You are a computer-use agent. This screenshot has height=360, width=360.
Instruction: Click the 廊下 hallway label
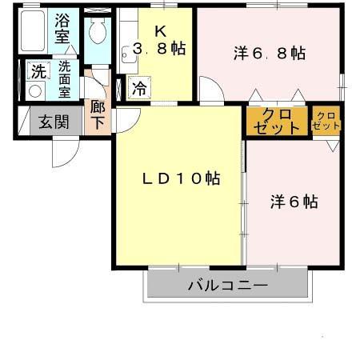pyautogui.click(x=98, y=114)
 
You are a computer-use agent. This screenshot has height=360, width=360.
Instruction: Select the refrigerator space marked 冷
pyautogui.click(x=139, y=88)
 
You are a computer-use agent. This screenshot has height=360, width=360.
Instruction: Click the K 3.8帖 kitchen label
pyautogui.click(x=160, y=42)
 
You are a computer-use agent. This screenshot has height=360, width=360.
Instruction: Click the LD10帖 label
pyautogui.click(x=182, y=178)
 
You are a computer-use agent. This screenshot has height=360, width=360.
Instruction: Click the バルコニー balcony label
pyautogui.click(x=227, y=285)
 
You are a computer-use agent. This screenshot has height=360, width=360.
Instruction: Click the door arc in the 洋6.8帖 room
pyautogui.click(x=210, y=90)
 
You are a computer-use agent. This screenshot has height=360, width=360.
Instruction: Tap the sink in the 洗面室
pyautogui.click(x=34, y=90)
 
